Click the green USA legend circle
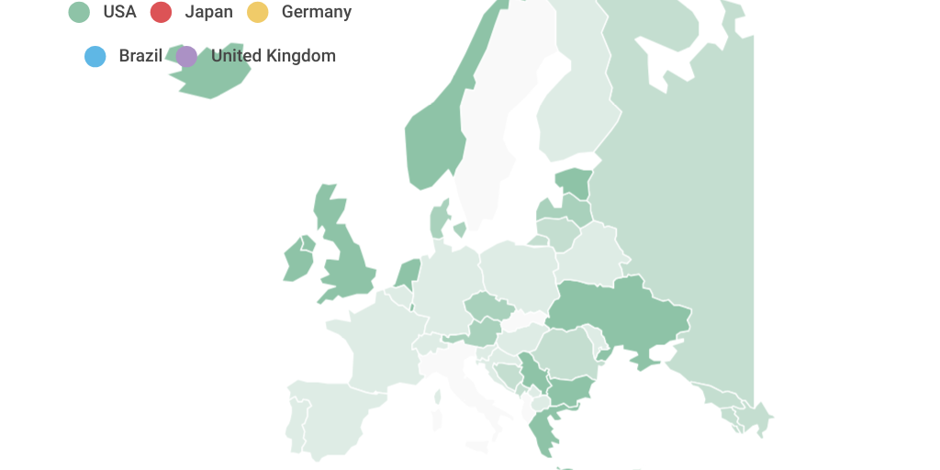click(x=80, y=12)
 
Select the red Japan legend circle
click(x=162, y=12)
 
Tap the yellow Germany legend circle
click(x=258, y=12)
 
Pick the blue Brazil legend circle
click(x=95, y=56)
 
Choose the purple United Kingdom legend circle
click(x=186, y=56)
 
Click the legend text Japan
click(x=208, y=12)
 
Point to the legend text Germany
click(x=316, y=12)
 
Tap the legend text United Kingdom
click(x=273, y=56)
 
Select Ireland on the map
click(x=297, y=261)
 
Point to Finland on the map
click(x=574, y=110)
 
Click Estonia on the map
click(x=573, y=182)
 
